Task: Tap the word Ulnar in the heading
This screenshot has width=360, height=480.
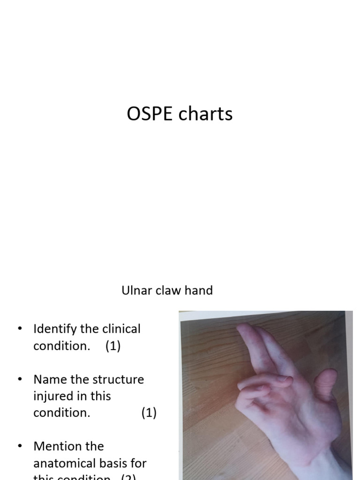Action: point(135,290)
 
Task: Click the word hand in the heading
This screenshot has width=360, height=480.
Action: point(199,290)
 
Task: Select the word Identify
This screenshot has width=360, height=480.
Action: point(54,329)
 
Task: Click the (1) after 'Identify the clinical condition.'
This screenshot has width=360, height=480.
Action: point(112,346)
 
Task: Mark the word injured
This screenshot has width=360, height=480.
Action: point(53,396)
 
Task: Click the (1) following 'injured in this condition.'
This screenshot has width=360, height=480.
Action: point(149,413)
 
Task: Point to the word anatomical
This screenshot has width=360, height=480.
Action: point(69,463)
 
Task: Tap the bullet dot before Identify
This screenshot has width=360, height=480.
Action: point(20,329)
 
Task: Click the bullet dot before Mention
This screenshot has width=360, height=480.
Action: point(20,446)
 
